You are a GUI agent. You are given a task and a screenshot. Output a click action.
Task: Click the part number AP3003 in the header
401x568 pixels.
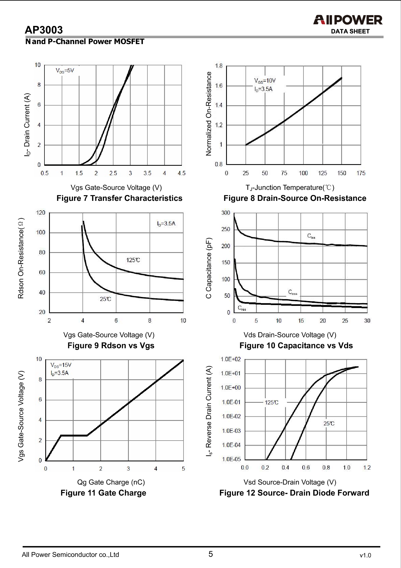44,30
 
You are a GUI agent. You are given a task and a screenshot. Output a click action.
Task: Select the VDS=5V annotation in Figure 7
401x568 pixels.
65,71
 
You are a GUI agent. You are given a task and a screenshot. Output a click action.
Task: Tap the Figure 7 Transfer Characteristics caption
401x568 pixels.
119,198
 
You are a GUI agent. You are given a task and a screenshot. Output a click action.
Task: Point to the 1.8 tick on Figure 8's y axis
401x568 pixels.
219,66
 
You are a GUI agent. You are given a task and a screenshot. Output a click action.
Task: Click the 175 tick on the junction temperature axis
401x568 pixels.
361,173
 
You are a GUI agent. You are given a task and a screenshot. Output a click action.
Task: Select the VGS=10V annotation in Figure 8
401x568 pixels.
265,81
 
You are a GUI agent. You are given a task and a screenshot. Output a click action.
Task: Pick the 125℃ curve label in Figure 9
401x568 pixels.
133,260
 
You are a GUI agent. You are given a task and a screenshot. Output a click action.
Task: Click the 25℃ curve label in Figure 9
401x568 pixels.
105,299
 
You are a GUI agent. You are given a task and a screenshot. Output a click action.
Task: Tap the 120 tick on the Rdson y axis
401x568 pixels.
41,213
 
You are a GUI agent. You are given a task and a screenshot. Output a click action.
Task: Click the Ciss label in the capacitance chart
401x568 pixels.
311,236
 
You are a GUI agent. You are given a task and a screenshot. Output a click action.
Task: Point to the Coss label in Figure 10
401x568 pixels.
293,292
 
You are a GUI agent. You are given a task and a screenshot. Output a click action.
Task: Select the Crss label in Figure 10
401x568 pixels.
242,308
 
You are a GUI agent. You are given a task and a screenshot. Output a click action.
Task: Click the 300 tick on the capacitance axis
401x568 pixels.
226,213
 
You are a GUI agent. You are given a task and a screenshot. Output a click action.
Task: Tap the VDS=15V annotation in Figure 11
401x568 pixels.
61,365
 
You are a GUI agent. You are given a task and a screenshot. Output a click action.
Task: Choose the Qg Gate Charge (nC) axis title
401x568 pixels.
111,482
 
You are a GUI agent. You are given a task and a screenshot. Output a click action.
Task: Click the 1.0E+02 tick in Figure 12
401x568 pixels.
231,359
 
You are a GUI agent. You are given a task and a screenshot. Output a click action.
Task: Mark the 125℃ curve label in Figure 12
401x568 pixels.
271,403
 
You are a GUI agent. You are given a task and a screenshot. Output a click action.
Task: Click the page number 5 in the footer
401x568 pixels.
211,554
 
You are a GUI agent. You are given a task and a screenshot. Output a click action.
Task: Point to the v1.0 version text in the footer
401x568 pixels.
365,556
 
